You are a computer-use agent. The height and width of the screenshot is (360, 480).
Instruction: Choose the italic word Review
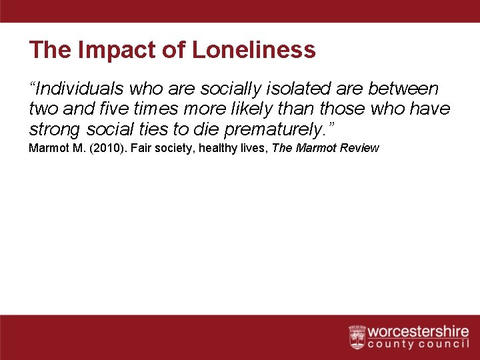point(360,148)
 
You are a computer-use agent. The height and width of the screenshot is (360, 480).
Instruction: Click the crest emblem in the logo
point(357,337)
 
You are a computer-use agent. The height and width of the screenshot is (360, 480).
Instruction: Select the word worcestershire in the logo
point(418,332)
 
